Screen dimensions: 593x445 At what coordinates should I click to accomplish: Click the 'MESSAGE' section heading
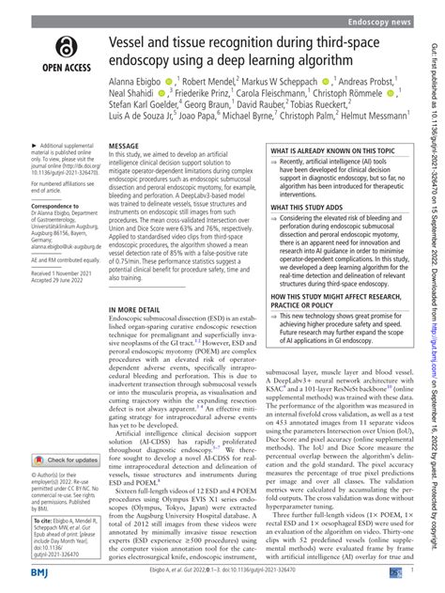126,148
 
